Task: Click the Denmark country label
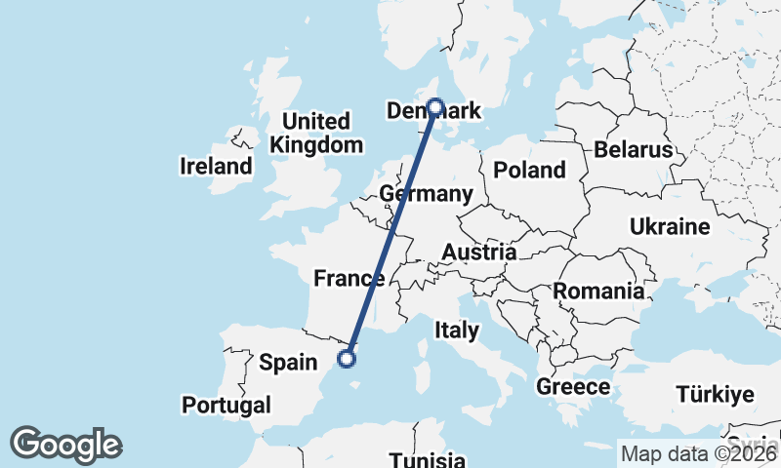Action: click(434, 111)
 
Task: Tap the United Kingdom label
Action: click(315, 134)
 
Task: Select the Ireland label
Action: click(216, 167)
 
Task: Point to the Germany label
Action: click(426, 194)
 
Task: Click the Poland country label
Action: click(529, 170)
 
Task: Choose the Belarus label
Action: click(634, 150)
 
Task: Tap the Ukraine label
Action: click(670, 227)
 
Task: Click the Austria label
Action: click(478, 253)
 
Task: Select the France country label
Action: click(349, 279)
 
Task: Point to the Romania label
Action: click(598, 291)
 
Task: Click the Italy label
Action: click(456, 330)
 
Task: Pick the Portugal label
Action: click(226, 404)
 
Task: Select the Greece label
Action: click(573, 387)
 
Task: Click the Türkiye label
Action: click(716, 395)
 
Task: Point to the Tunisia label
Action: click(427, 460)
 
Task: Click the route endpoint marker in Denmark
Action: click(434, 108)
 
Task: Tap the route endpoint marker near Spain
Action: click(346, 359)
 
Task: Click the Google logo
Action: click(66, 445)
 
